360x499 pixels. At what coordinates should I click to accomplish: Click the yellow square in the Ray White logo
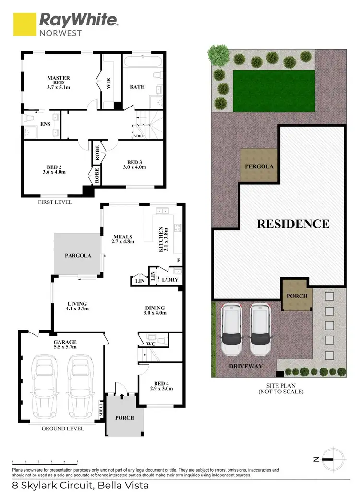click(x=24, y=24)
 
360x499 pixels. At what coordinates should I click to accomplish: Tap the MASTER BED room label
click(x=59, y=82)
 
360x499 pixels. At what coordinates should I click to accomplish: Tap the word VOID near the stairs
click(x=138, y=136)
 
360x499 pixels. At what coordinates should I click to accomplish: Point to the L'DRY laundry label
click(x=170, y=279)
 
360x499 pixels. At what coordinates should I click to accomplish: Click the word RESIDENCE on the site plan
click(x=293, y=224)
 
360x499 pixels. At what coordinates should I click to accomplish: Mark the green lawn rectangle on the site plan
click(x=274, y=90)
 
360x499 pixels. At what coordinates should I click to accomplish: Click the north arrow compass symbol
click(x=331, y=459)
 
